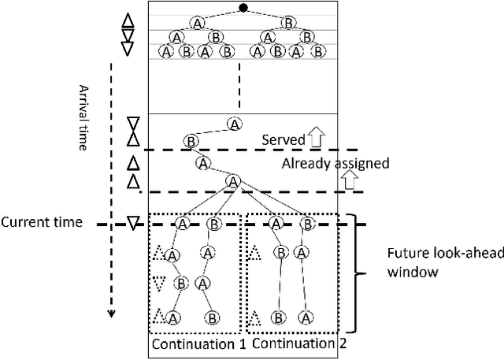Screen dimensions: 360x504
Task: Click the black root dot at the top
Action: click(x=243, y=9)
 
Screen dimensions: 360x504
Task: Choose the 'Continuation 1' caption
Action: click(x=197, y=343)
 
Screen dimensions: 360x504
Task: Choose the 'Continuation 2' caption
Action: click(x=292, y=343)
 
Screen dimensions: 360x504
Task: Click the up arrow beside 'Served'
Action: click(x=317, y=139)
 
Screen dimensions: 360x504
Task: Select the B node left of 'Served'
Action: click(x=191, y=141)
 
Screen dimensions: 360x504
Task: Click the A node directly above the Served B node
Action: click(x=234, y=124)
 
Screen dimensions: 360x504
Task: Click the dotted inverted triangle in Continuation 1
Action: click(x=161, y=282)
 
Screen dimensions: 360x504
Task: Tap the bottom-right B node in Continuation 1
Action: click(x=212, y=318)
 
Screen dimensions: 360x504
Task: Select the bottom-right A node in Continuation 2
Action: click(x=308, y=317)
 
